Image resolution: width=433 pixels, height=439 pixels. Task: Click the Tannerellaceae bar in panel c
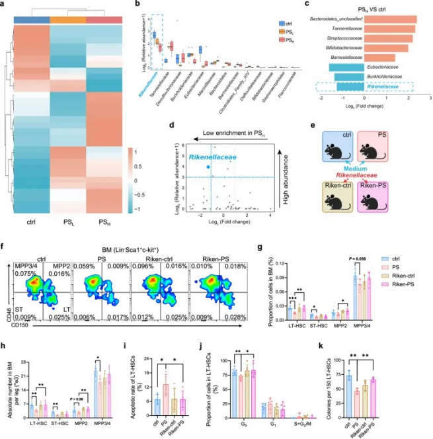click(x=389, y=28)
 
